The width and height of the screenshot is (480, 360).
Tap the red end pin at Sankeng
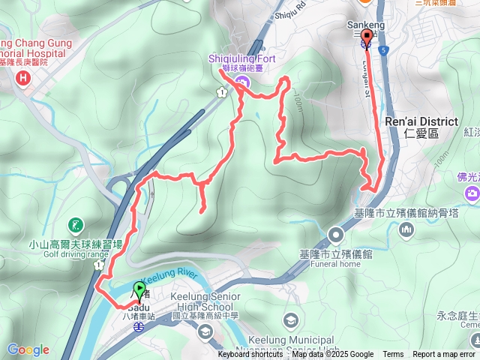coord(367,37)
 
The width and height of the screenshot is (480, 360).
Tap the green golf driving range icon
coord(75,224)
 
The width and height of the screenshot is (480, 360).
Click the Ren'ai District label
coord(420,121)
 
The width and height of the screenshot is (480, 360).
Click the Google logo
coord(28,349)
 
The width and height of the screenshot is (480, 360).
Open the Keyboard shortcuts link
coord(250,355)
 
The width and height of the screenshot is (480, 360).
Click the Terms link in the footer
coord(393,355)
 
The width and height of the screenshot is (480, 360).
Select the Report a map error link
coord(444,355)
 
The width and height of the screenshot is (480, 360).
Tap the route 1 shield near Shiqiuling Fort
coord(221,92)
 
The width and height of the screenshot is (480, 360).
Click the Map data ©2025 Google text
coord(332,355)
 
